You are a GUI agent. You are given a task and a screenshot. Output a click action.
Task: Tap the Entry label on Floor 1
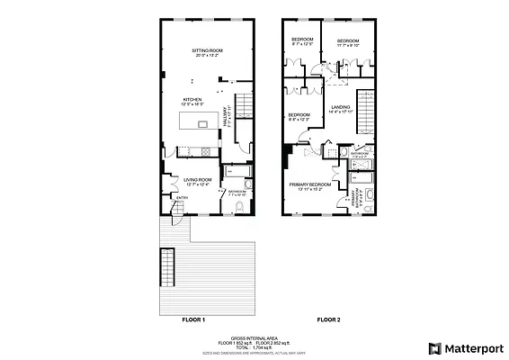[x=182, y=198]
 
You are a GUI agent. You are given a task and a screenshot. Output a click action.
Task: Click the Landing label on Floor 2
[x=340, y=108]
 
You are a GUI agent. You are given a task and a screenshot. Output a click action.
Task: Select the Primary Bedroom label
[x=310, y=185]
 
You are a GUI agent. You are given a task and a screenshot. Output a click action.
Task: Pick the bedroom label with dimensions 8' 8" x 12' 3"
[x=299, y=116]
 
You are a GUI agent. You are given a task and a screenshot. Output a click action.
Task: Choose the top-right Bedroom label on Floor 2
[x=348, y=41]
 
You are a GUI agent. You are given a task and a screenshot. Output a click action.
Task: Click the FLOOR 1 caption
[x=193, y=319]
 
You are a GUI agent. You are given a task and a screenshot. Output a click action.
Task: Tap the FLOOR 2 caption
[x=327, y=319]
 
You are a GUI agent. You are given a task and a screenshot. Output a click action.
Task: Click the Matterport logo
[x=465, y=347]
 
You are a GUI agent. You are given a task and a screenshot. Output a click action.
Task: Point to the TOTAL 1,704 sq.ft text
[x=254, y=347]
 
